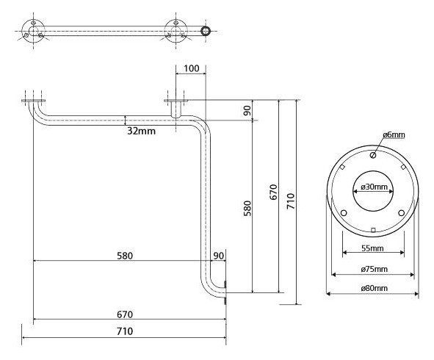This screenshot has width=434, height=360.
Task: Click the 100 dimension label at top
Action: [191, 68]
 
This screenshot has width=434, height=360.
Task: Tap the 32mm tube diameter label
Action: [142, 131]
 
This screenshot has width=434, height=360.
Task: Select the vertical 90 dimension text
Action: [247, 110]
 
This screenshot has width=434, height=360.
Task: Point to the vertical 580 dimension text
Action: [247, 208]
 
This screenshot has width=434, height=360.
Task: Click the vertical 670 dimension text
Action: [273, 192]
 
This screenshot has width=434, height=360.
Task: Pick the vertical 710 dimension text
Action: [291, 201]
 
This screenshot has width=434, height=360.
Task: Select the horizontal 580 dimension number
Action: [125, 256]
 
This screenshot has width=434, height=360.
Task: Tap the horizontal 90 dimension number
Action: [218, 256]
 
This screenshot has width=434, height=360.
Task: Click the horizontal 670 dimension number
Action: [125, 314]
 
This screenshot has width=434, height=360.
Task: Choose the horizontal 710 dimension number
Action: [125, 331]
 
